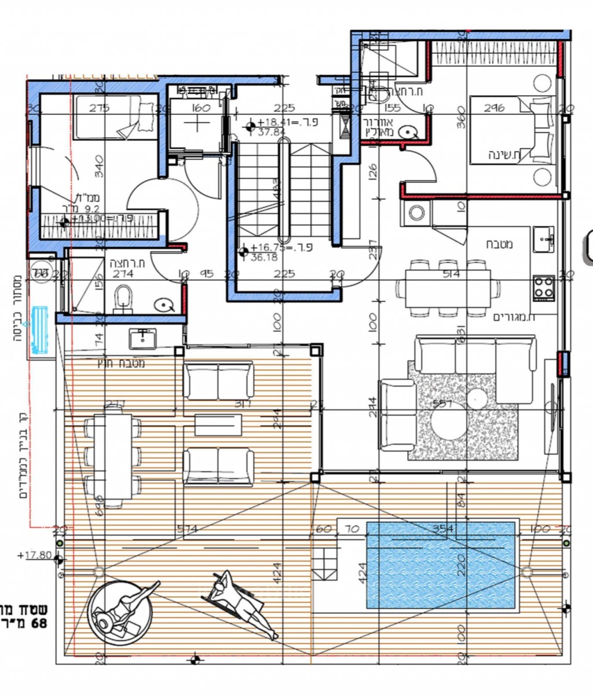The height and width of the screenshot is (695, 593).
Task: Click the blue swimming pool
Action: pos(441,565)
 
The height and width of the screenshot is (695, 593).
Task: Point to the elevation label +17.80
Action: pos(35,555)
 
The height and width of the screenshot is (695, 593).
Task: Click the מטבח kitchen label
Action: pos(499,244)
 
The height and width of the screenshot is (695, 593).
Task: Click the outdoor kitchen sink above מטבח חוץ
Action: pos(142,338)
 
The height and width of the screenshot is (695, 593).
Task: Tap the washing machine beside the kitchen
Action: pos(416,215)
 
